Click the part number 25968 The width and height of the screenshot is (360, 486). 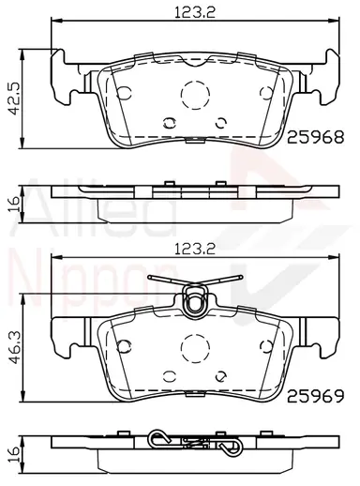[x=315, y=137]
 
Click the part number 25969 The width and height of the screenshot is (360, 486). [x=315, y=396]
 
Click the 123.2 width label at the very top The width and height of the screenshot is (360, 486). [x=195, y=12]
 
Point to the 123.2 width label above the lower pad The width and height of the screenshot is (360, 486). [x=195, y=249]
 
